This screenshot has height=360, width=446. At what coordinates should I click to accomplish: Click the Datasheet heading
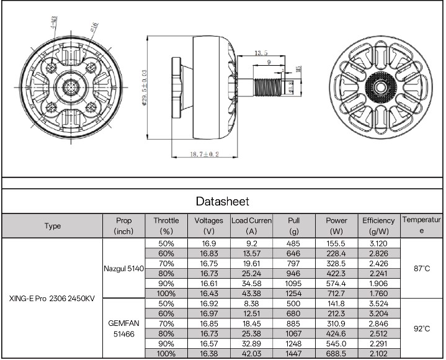click(x=222, y=201)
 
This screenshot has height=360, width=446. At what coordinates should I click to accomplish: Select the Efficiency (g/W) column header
click(x=378, y=226)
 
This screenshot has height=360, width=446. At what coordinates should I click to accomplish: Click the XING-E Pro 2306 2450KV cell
click(x=52, y=299)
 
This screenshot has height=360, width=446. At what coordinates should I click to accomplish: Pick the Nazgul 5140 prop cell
click(x=123, y=269)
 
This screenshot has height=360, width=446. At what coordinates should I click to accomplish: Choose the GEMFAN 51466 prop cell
click(x=123, y=328)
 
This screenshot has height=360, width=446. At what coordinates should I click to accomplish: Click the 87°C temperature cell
click(x=422, y=269)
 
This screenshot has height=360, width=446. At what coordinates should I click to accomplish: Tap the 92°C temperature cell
click(x=422, y=328)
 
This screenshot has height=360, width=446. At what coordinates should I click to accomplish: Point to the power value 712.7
click(x=336, y=294)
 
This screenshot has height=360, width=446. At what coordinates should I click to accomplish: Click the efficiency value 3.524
click(x=378, y=304)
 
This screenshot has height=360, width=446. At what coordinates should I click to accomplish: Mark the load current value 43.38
click(x=251, y=294)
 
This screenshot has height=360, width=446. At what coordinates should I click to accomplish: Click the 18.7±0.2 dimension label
click(x=205, y=155)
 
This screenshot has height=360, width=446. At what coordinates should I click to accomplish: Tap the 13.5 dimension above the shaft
click(x=261, y=53)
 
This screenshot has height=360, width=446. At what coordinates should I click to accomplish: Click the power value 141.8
click(x=336, y=304)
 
